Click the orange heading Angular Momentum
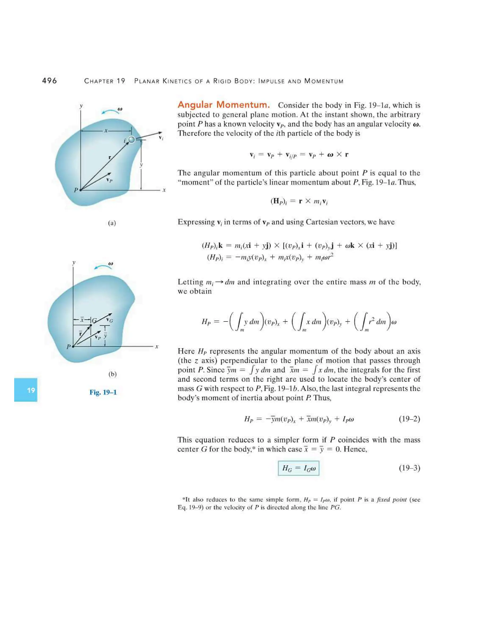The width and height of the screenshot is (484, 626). (x=224, y=105)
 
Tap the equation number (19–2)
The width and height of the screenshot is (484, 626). (x=409, y=419)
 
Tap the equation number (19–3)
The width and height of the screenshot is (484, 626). (x=409, y=468)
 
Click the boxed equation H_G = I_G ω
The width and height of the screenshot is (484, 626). (x=298, y=468)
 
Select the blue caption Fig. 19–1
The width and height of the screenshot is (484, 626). (x=103, y=392)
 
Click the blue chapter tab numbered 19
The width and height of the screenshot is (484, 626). (x=26, y=390)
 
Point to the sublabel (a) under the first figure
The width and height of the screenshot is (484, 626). (x=112, y=223)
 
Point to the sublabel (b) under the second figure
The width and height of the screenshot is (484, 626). (x=112, y=374)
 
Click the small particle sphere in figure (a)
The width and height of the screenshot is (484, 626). (x=132, y=140)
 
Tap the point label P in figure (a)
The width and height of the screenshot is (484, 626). (x=76, y=190)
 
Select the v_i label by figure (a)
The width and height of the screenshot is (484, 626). (x=161, y=138)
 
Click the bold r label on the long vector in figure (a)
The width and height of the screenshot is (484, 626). (x=110, y=157)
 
